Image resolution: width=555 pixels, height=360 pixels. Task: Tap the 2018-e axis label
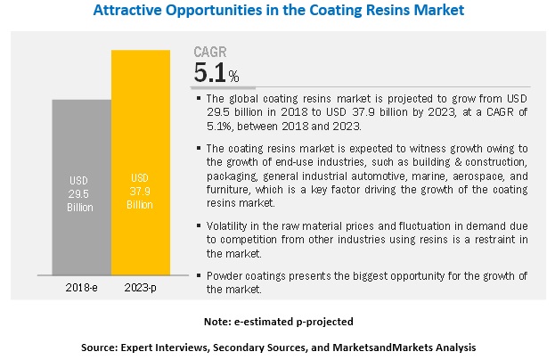coord(82,288)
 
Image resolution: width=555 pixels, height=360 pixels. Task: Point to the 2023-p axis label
coord(141,288)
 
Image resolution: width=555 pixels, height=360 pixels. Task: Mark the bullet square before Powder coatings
coord(199,274)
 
